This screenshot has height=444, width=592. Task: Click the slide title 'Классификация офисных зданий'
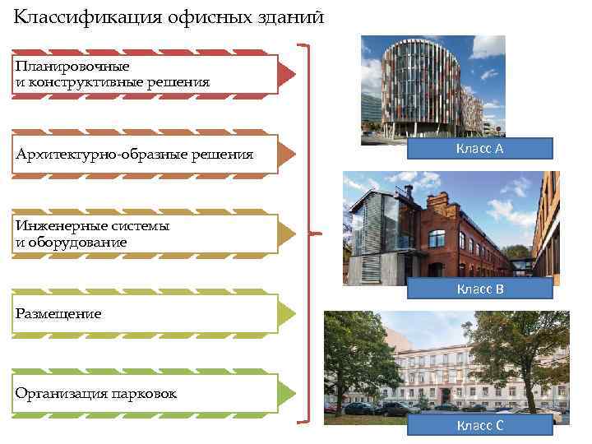coord(169,16)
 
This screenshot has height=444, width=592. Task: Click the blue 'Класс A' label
coord(480,148)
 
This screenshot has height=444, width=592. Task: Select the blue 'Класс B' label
coord(480,289)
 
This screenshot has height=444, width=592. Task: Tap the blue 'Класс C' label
coord(480,424)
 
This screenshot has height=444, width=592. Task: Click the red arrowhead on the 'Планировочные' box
coord(286,75)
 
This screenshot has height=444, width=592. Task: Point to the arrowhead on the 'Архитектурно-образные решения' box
coord(286,155)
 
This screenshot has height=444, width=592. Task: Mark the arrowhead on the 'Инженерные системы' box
coord(286,234)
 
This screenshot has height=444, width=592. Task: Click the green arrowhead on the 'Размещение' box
coord(286,313)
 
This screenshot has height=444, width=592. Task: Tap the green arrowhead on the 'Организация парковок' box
coord(286,393)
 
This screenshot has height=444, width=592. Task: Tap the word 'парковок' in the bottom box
coord(144,393)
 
